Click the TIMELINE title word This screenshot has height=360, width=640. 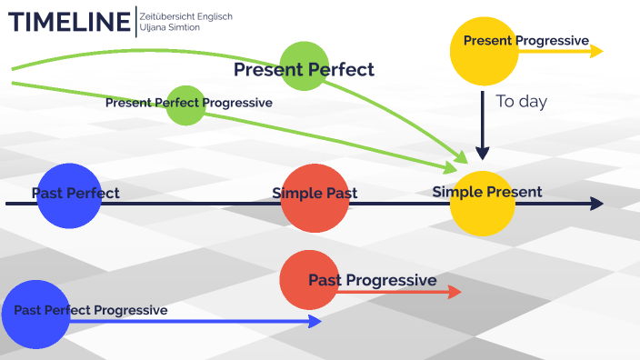click(68, 21)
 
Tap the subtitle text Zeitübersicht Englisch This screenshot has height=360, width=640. click(186, 15)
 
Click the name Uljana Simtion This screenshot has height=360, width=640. click(170, 28)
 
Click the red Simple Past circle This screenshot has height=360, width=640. click(315, 199)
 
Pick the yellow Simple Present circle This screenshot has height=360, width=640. click(483, 202)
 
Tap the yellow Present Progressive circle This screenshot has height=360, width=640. click(483, 52)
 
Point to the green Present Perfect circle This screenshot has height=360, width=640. click(304, 65)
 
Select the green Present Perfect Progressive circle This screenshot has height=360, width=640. click(186, 105)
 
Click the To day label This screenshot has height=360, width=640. click(521, 101)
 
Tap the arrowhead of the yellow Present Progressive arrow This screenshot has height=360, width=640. click(596, 52)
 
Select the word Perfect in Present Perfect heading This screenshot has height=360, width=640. click(339, 69)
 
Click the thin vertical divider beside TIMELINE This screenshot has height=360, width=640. click(135, 21)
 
